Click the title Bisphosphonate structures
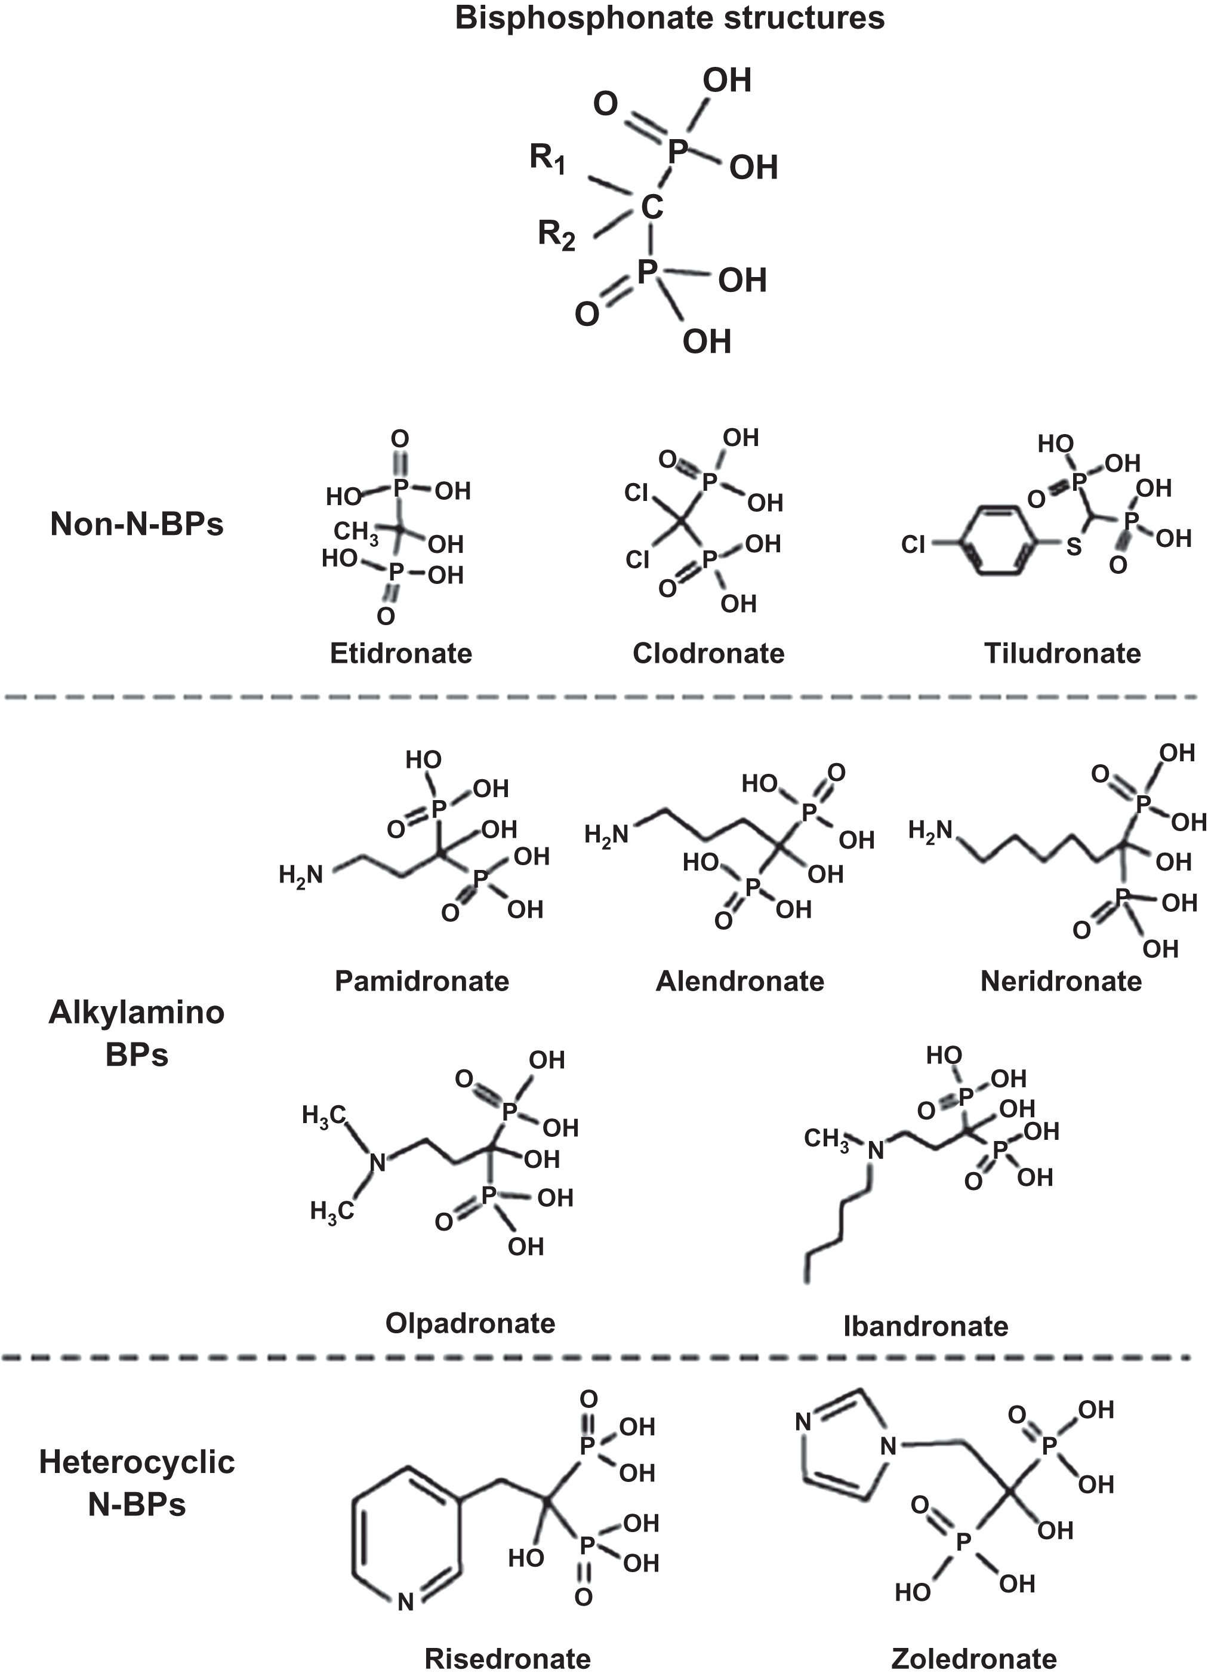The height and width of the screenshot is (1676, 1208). [x=670, y=18]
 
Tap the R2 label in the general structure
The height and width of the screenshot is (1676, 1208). [x=556, y=236]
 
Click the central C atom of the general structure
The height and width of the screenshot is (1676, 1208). [x=652, y=208]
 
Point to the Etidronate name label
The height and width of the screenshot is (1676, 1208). [x=400, y=653]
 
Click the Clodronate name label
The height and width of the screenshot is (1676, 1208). [x=708, y=653]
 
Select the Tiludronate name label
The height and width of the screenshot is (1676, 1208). [x=1062, y=653]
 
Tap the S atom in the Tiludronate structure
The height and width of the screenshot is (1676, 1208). [x=1074, y=548]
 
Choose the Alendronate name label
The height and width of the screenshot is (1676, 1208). [x=739, y=982]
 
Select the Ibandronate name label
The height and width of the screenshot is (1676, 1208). [x=925, y=1327]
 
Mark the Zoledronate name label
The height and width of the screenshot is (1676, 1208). [x=974, y=1659]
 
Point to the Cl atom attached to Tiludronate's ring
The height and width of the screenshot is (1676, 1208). [x=913, y=545]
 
